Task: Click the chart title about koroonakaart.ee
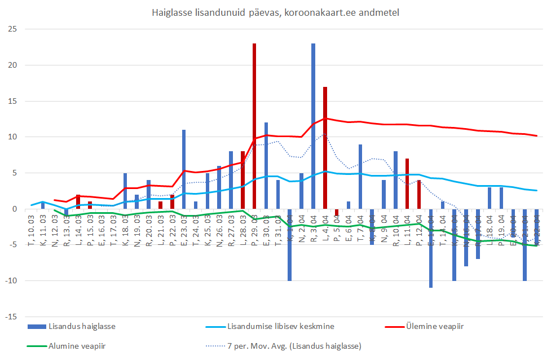pos(275,12)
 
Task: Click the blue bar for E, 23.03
pos(184,169)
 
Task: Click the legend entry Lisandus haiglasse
pos(77,327)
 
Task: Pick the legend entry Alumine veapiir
pos(77,345)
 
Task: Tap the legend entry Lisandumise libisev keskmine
pos(280,327)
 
